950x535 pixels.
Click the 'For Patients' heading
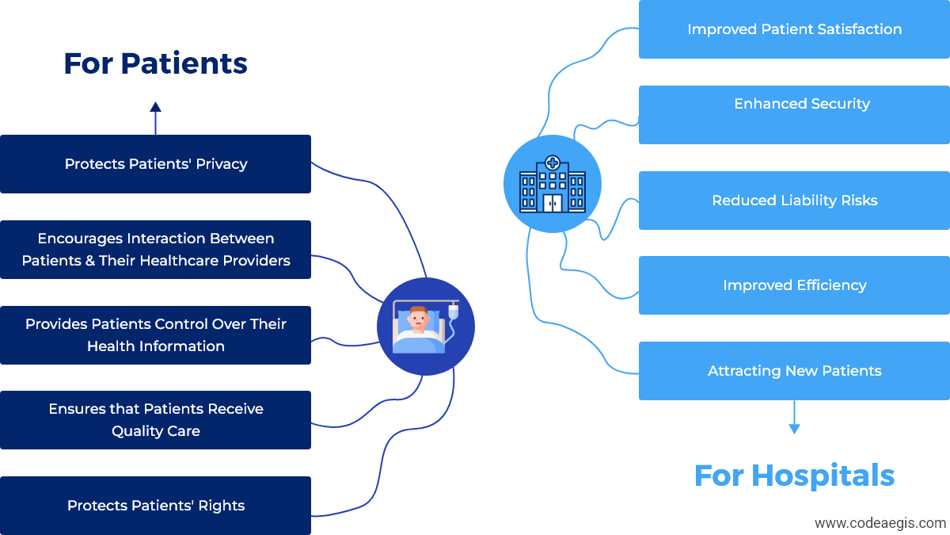point(155,63)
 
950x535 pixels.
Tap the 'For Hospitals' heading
point(794,476)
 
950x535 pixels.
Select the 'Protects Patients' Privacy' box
point(155,164)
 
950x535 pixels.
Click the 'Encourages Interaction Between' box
point(155,250)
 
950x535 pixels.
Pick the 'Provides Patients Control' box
point(155,335)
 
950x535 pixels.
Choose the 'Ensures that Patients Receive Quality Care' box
point(155,420)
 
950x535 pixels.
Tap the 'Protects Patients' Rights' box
point(155,506)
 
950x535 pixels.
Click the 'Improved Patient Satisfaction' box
point(794,29)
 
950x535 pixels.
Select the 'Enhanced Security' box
point(794,115)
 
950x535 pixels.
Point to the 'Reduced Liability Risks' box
point(794,201)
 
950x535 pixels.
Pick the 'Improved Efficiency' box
point(794,285)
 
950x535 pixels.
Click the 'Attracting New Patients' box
point(794,371)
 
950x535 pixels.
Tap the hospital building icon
point(553,184)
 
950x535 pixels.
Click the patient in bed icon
point(425,327)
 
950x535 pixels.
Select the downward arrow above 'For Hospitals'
point(794,418)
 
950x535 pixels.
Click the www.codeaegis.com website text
point(880,523)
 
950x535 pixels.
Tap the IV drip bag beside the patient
point(454,312)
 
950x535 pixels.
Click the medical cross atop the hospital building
point(553,162)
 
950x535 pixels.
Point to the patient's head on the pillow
point(418,316)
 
